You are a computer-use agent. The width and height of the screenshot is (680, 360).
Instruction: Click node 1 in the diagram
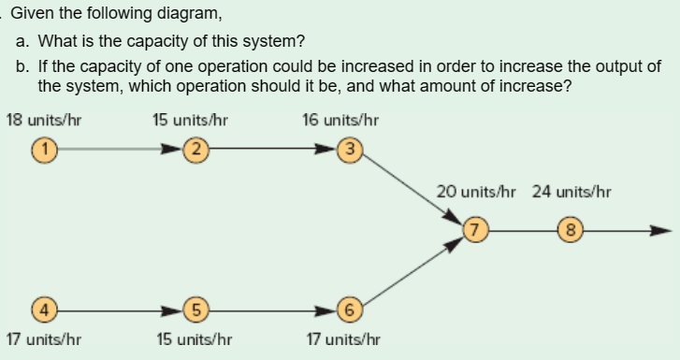(42, 148)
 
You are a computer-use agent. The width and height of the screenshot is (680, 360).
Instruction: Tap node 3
(350, 148)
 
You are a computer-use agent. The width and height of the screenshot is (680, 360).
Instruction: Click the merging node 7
(477, 227)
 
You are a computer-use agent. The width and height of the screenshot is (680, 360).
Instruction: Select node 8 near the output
(568, 227)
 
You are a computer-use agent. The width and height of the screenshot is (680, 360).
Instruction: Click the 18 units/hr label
(38, 120)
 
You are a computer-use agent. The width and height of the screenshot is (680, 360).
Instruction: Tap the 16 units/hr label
(340, 120)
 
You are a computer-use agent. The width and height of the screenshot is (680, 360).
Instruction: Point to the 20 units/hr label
(477, 192)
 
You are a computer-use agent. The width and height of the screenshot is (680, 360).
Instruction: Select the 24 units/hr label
(571, 192)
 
